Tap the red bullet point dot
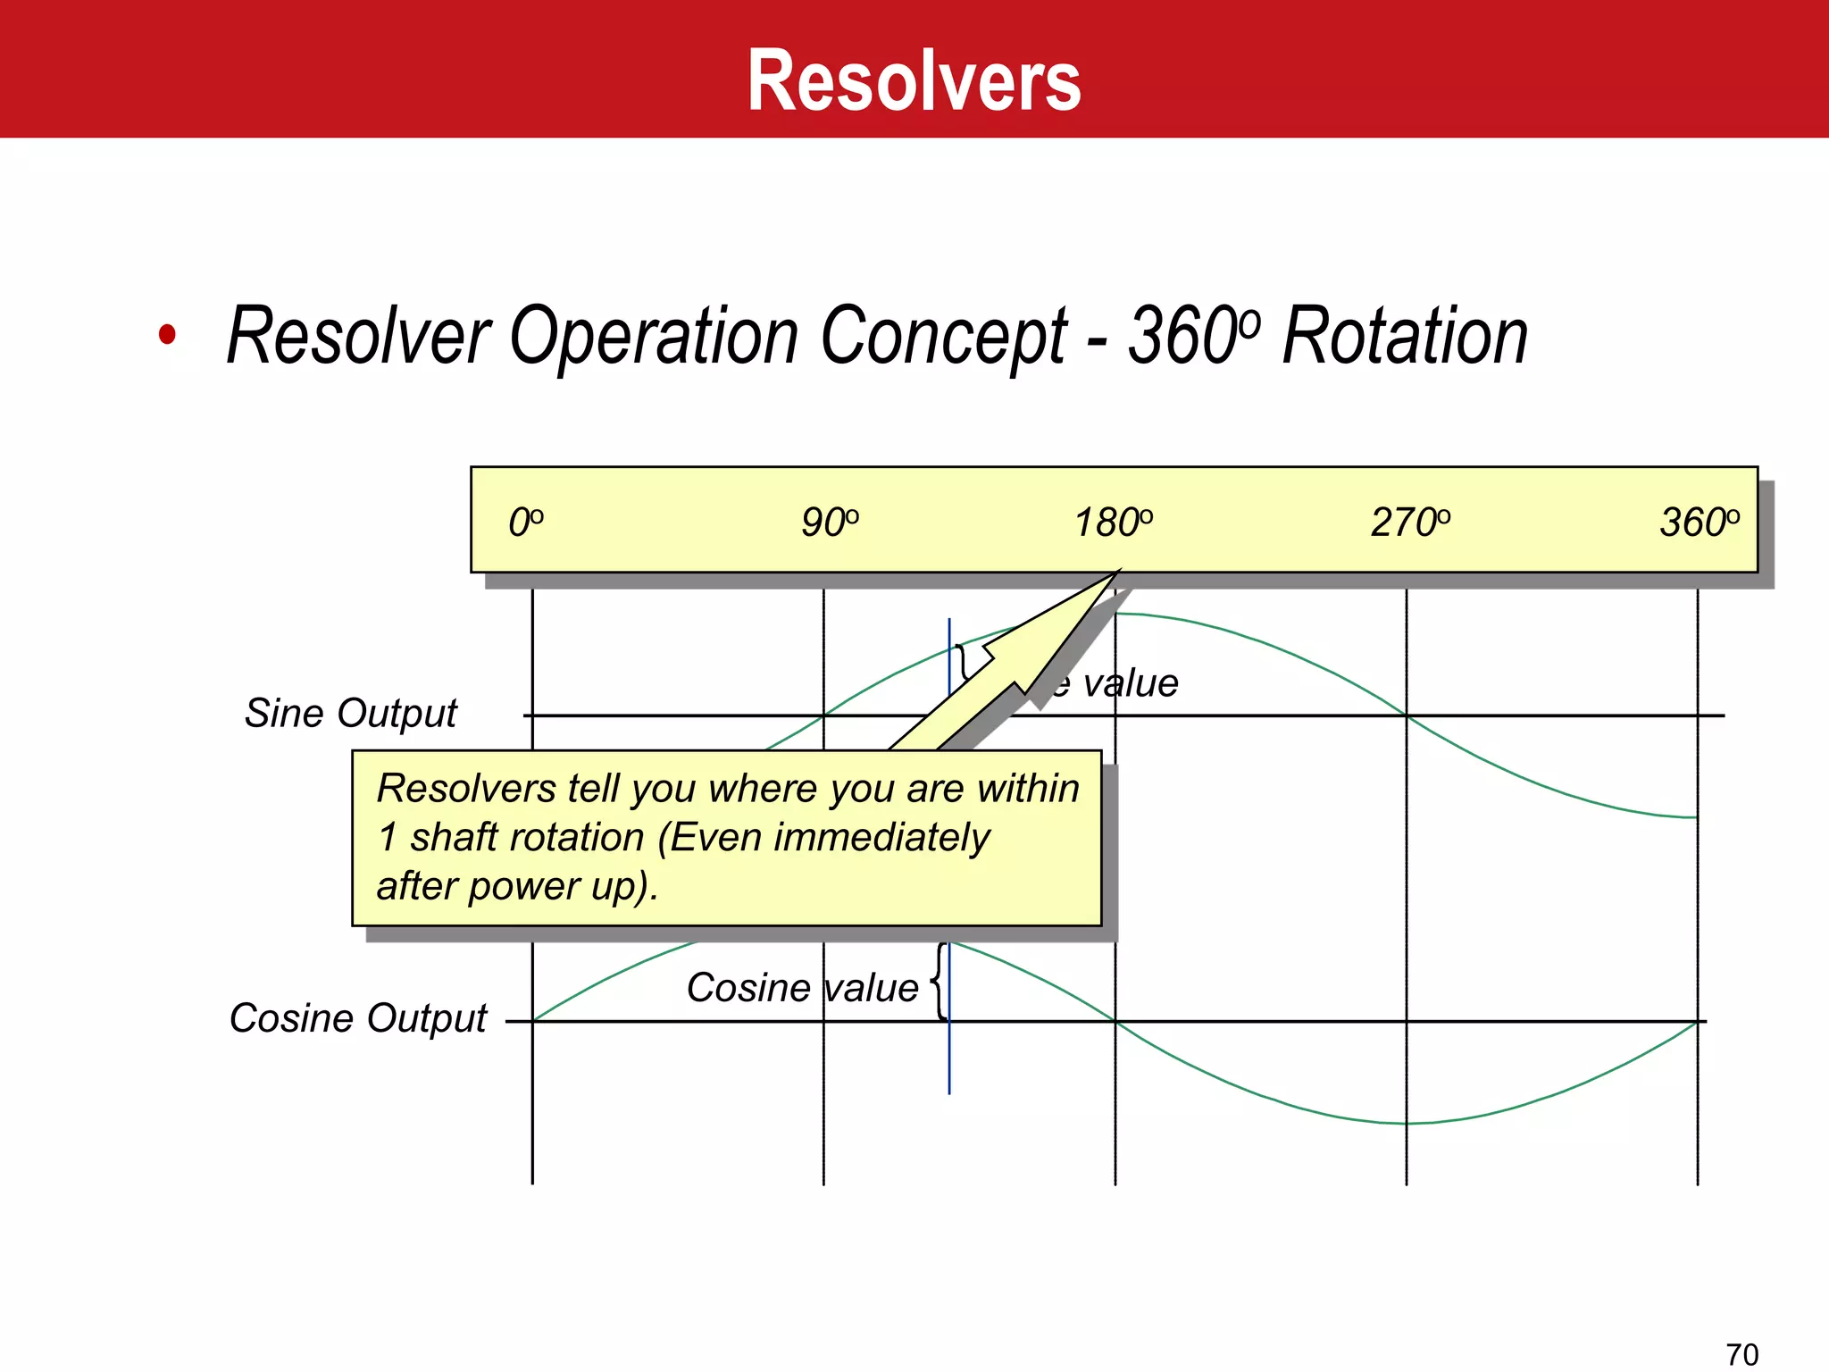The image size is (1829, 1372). coord(167,335)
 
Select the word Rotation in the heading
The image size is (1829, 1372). coord(1404,337)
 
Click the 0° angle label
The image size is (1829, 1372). coord(525,523)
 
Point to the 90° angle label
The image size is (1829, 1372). coord(830,523)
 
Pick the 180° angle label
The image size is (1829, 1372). coord(1113,523)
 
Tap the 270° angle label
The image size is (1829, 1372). coord(1410,523)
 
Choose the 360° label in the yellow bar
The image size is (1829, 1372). coord(1699,523)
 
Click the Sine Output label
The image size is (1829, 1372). coord(350,714)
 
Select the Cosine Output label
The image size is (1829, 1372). coord(357,1018)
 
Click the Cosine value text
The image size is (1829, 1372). coord(801,988)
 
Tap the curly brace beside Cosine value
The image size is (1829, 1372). coord(939,982)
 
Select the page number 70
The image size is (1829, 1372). coord(1741,1354)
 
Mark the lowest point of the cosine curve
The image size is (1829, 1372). coord(1406,1123)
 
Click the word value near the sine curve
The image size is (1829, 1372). coord(1130,684)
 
